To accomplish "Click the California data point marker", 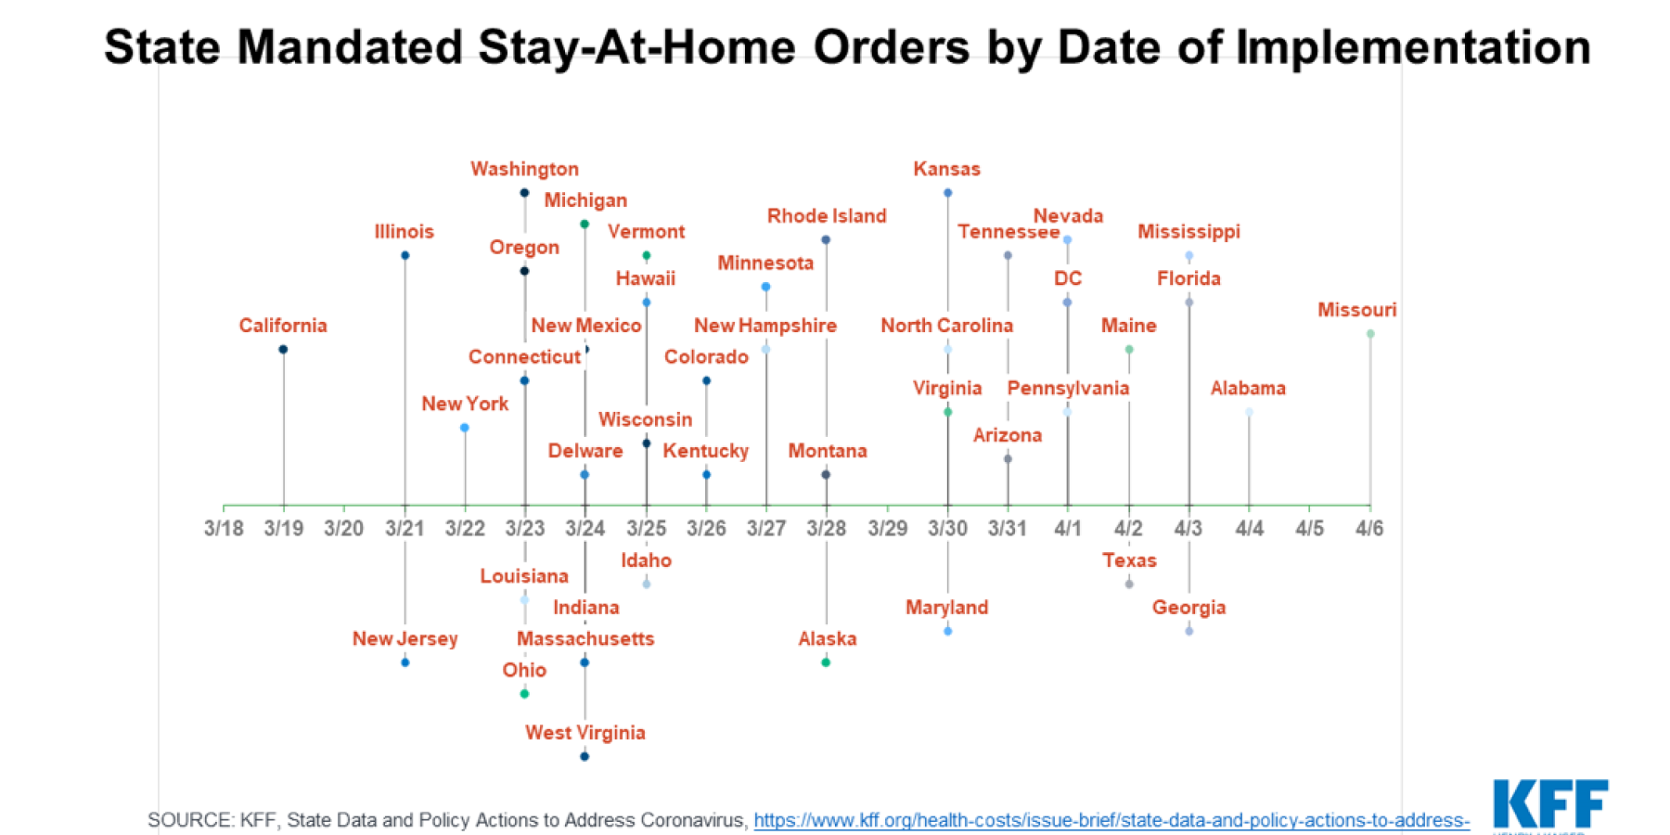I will click(x=283, y=350).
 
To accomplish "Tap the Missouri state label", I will click(x=1356, y=310).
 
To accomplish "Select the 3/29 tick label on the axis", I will click(x=887, y=529).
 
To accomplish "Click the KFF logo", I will click(x=1549, y=803).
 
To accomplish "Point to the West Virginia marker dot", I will click(x=584, y=756).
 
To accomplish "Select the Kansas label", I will click(x=946, y=169).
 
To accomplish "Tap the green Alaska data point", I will click(x=826, y=662).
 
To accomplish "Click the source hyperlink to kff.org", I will click(x=1111, y=820).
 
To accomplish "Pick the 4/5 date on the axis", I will click(x=1309, y=529).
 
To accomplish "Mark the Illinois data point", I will click(x=405, y=255).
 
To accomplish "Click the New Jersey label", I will click(x=405, y=638).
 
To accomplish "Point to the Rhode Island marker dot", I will click(x=826, y=239).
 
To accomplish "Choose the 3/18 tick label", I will click(x=224, y=529).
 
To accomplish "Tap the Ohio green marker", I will click(x=524, y=694).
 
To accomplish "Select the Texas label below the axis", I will click(x=1129, y=560).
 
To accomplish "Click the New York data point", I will click(x=465, y=428).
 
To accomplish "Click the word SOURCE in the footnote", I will click(x=190, y=820).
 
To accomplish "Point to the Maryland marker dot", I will click(x=947, y=631).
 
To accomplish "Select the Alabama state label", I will click(x=1248, y=388).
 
